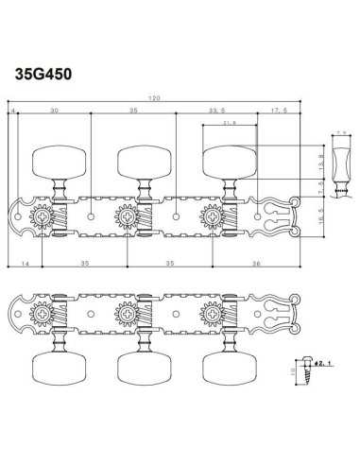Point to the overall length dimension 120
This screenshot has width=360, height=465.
[x=153, y=99]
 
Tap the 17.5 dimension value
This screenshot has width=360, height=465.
[x=278, y=110]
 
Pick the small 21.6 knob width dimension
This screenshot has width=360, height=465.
[x=231, y=123]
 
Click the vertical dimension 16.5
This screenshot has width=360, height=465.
[x=321, y=217]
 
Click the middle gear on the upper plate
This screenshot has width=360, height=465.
[x=126, y=217]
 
